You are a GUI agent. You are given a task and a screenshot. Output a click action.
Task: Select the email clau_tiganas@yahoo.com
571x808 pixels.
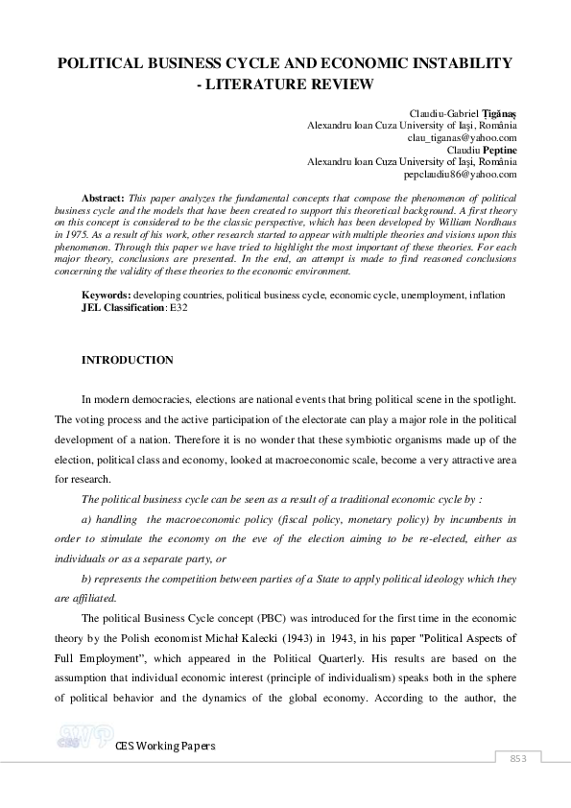(461, 137)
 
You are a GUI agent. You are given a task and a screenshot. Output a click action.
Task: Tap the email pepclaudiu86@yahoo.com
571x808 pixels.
(462, 175)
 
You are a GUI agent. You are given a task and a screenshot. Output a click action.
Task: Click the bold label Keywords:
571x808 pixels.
(107, 296)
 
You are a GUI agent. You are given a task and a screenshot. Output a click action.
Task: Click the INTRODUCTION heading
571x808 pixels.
(128, 360)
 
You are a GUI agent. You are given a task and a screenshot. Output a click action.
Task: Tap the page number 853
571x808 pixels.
(518, 758)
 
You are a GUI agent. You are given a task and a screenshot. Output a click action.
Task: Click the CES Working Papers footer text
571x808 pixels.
(165, 747)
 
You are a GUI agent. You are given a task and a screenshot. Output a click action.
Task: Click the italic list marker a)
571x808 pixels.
(87, 519)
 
